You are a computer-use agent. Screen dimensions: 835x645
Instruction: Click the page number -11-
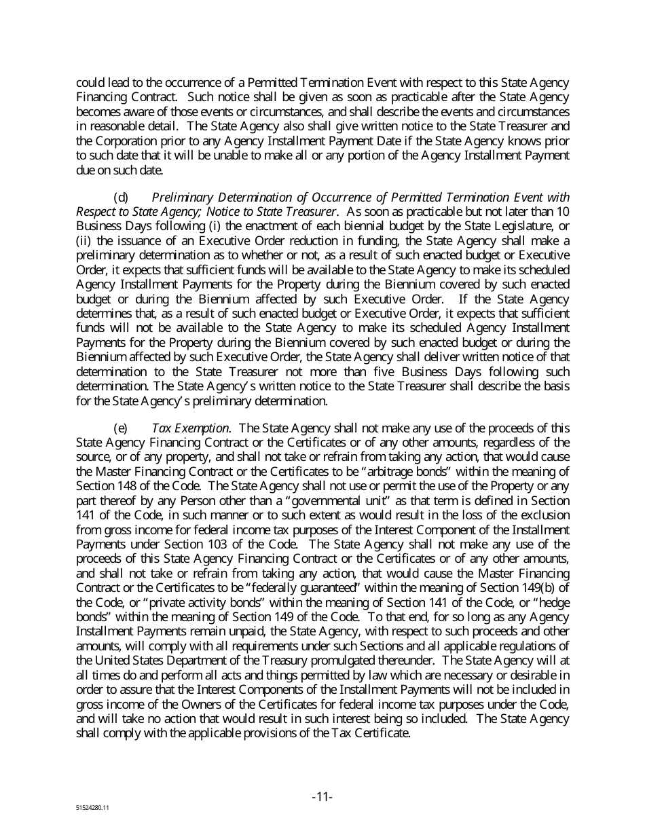click(322, 796)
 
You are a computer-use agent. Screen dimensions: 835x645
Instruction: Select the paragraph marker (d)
click(120, 198)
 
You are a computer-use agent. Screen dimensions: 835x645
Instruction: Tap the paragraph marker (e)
click(120, 428)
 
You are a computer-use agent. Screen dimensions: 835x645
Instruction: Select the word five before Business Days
click(365, 371)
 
